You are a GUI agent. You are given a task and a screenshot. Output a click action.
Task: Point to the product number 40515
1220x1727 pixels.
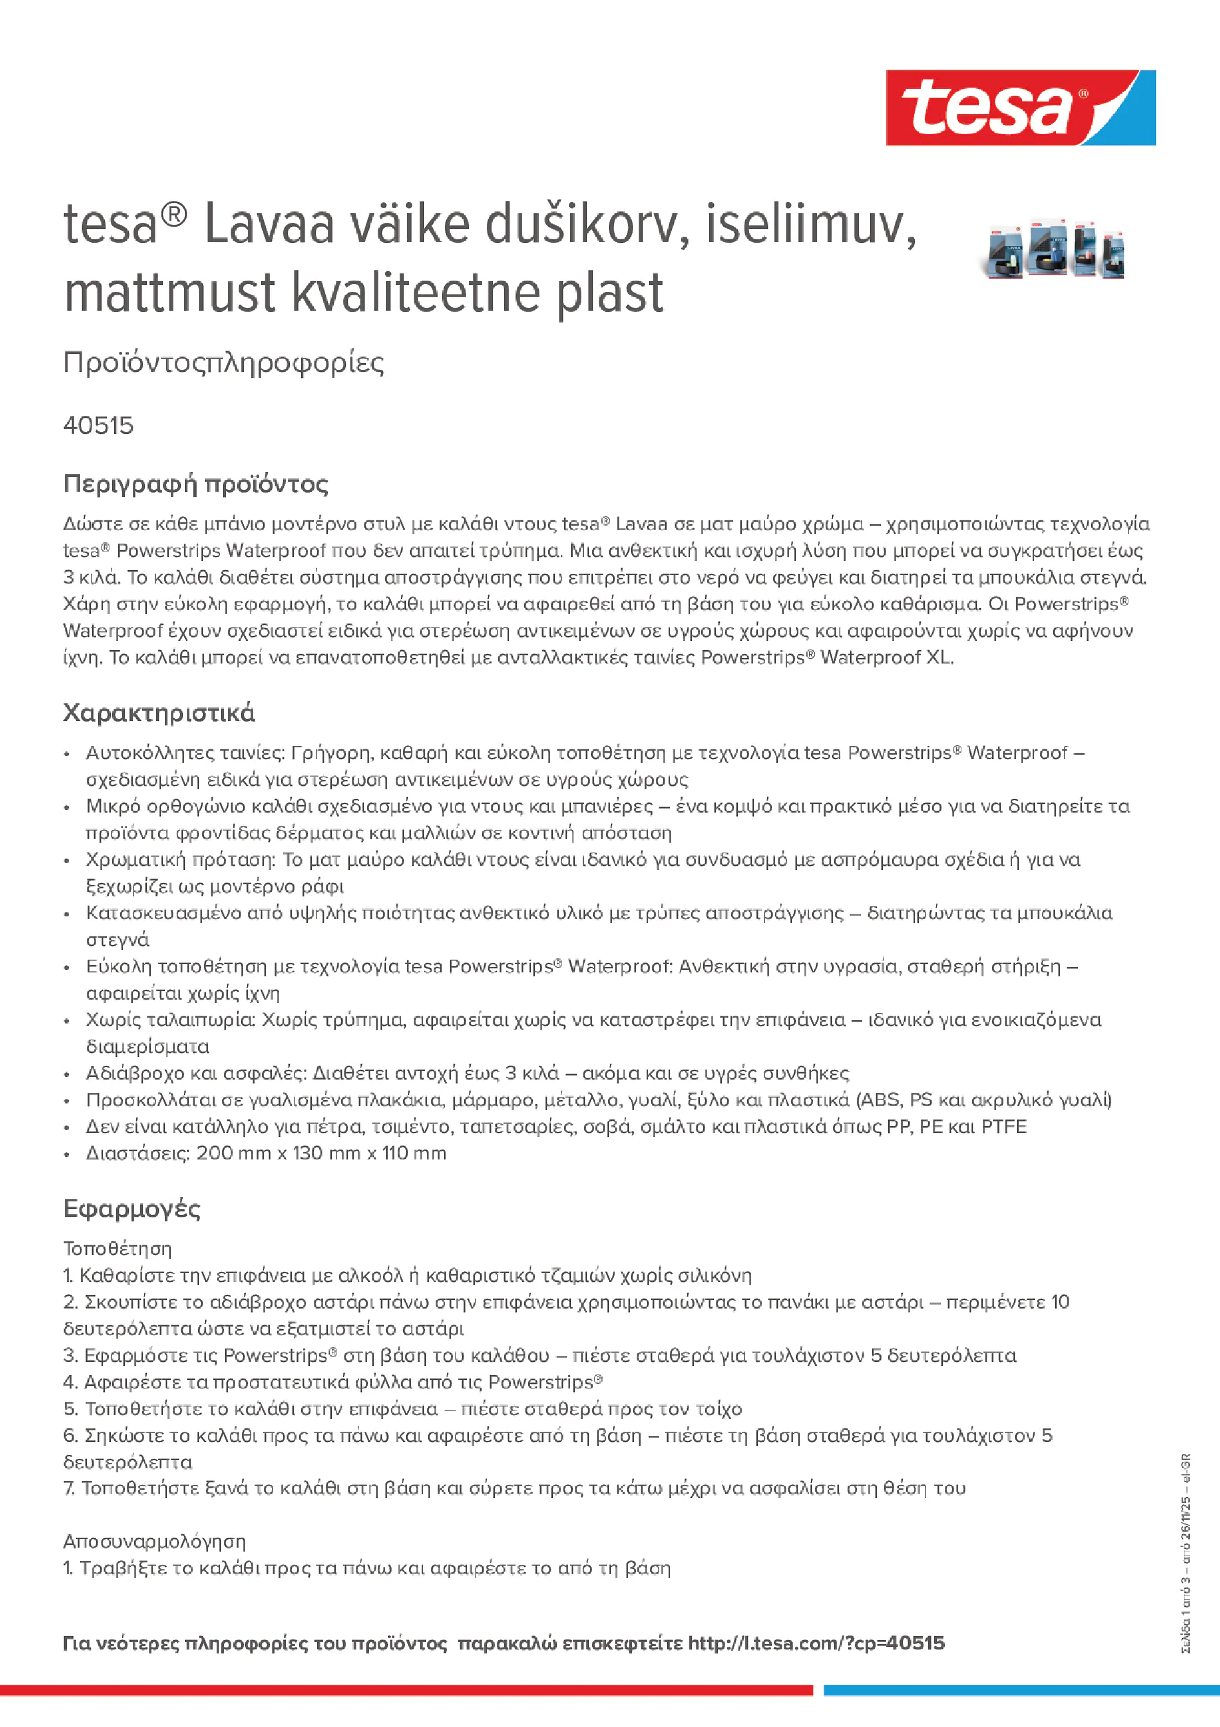point(98,425)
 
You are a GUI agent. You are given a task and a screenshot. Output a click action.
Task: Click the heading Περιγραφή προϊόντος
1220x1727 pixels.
point(195,484)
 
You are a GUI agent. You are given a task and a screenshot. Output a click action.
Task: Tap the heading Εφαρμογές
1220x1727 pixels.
point(132,1208)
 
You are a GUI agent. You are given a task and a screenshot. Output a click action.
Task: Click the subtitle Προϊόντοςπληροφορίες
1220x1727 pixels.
point(224,363)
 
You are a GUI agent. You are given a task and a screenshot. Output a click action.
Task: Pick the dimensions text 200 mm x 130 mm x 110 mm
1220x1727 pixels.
point(321,1153)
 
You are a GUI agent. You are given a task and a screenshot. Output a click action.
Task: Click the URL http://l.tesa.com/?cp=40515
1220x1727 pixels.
point(815,1644)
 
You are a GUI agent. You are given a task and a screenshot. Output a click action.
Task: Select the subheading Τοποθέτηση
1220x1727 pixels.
point(117,1249)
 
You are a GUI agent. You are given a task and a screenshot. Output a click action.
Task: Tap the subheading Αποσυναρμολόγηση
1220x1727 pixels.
point(154,1541)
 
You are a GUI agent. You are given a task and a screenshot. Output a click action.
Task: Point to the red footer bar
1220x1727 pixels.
point(406,1690)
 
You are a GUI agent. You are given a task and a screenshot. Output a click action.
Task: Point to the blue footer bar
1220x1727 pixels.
point(1022,1690)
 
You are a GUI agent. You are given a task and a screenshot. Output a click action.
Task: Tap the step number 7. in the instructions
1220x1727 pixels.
point(70,1488)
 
